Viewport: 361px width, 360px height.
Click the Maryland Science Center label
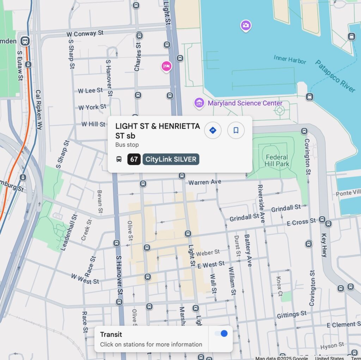click(x=245, y=103)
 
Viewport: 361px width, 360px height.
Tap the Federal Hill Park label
click(x=277, y=160)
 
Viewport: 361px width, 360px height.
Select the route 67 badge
click(x=134, y=159)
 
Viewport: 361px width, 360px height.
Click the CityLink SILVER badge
click(x=171, y=159)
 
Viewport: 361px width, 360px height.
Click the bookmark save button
click(x=236, y=130)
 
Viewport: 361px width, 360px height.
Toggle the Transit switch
click(x=221, y=334)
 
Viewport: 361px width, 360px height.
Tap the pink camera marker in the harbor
click(x=246, y=25)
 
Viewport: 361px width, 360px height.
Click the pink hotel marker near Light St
click(x=166, y=66)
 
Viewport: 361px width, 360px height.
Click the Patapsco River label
click(x=335, y=76)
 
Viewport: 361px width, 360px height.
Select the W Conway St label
click(x=85, y=33)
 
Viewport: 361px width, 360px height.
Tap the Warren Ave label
click(x=205, y=182)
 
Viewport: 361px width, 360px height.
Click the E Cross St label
click(x=301, y=222)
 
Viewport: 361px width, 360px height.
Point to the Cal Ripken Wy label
click(x=38, y=109)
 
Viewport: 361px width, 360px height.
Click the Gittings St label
click(x=292, y=315)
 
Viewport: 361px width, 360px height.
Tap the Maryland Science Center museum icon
click(x=199, y=103)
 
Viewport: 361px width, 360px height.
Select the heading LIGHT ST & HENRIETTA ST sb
click(x=158, y=131)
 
